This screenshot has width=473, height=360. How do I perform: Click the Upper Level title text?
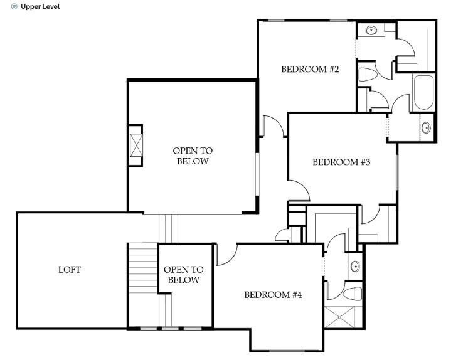coord(41,7)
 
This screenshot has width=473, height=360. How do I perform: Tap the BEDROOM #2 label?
coord(310,70)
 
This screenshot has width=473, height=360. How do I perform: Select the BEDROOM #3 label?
coord(341,162)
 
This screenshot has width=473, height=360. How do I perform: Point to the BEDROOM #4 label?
coord(273,294)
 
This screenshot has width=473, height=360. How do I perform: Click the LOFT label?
coord(70,270)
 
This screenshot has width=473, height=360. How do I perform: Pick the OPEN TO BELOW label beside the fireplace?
coord(193,156)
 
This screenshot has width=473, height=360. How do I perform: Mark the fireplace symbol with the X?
coord(136,146)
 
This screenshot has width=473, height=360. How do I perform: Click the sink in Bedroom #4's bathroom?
coord(354,265)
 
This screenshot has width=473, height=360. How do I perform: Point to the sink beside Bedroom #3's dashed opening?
coord(426,128)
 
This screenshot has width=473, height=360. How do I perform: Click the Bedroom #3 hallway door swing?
coord(298,189)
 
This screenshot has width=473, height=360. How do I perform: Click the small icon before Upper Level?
coord(14,7)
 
